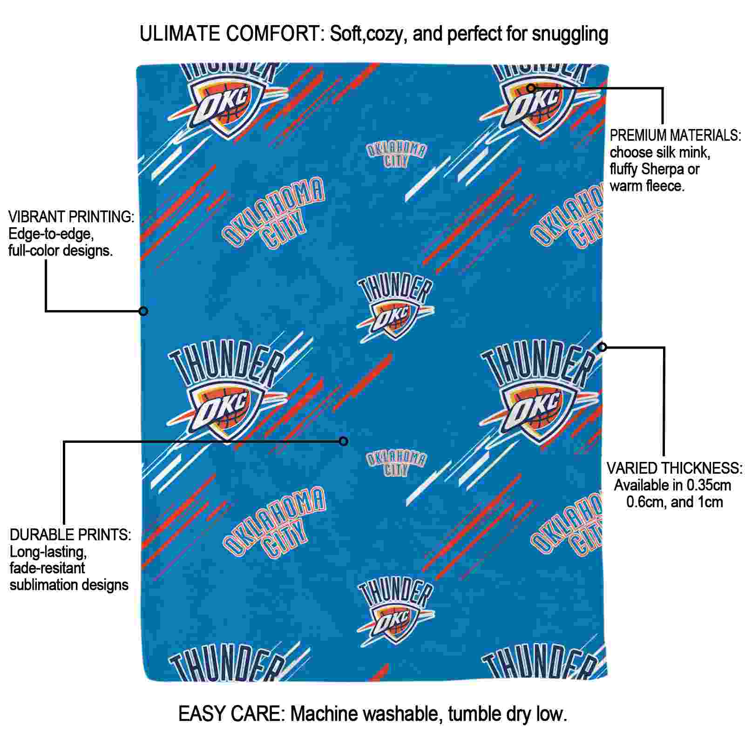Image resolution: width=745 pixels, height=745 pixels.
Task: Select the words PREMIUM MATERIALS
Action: pyautogui.click(x=675, y=135)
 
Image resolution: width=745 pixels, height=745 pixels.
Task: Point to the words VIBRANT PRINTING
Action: pyautogui.click(x=71, y=217)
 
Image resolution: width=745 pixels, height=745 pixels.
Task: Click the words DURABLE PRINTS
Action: pyautogui.click(x=70, y=535)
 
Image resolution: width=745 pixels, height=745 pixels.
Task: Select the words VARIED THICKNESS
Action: pyautogui.click(x=674, y=468)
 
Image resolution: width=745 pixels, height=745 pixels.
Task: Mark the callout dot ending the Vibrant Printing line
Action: pyautogui.click(x=143, y=311)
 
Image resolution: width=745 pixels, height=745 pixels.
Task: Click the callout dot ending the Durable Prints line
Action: pyautogui.click(x=344, y=441)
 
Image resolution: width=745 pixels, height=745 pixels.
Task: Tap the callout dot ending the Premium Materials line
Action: pyautogui.click(x=531, y=88)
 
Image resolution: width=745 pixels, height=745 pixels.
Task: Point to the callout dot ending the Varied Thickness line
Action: pyautogui.click(x=603, y=347)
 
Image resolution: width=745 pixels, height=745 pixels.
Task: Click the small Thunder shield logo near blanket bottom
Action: pyautogui.click(x=395, y=610)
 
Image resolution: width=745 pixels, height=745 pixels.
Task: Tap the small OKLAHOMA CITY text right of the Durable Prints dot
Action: pyautogui.click(x=396, y=463)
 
